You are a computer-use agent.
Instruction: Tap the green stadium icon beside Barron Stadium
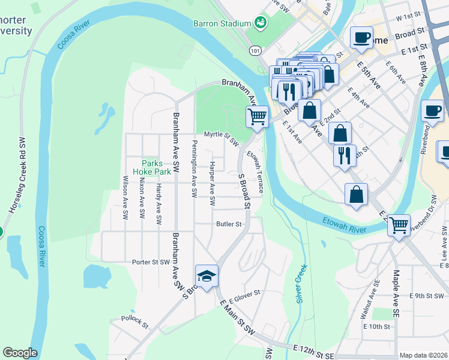pos(261,23)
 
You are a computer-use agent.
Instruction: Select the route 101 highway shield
pos(256,51)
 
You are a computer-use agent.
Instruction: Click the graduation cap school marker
pos(207,276)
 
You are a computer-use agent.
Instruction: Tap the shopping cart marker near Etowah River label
pos(399,226)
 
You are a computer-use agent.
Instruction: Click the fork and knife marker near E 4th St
pos(345,155)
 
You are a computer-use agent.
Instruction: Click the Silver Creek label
pos(302,283)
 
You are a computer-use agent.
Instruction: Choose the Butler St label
pos(229,224)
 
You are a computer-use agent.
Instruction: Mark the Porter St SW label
pos(151,262)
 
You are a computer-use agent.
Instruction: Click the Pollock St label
pos(134,322)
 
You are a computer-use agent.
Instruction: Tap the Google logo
pos(19,353)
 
